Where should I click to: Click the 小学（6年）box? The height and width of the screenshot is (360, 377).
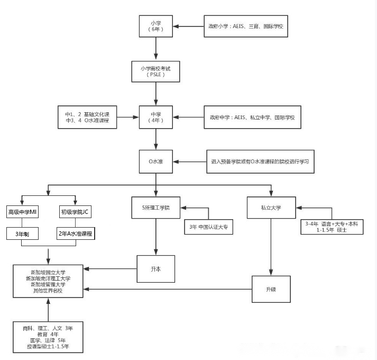tap(155, 26)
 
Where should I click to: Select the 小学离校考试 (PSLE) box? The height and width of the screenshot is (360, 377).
tap(156, 71)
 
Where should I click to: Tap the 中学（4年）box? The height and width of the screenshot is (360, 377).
tap(156, 116)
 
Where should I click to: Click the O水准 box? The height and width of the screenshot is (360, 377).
tap(156, 161)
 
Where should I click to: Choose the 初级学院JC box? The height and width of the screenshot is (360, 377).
tap(75, 212)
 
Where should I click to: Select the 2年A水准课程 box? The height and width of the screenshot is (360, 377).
tap(75, 233)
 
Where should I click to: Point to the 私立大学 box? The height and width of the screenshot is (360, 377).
tap(271, 208)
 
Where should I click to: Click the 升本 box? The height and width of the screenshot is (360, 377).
tap(155, 268)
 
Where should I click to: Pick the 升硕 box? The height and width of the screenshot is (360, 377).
tap(271, 289)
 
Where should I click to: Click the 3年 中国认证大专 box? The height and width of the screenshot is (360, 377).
tap(208, 228)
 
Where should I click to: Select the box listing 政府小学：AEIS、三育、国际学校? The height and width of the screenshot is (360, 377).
tap(246, 26)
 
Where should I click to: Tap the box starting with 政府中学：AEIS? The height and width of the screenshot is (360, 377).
tap(253, 116)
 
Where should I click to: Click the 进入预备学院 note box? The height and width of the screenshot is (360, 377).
tap(260, 161)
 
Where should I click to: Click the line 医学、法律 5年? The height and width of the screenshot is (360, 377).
tap(48, 340)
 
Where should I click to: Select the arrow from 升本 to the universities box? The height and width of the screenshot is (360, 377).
tap(111, 269)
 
